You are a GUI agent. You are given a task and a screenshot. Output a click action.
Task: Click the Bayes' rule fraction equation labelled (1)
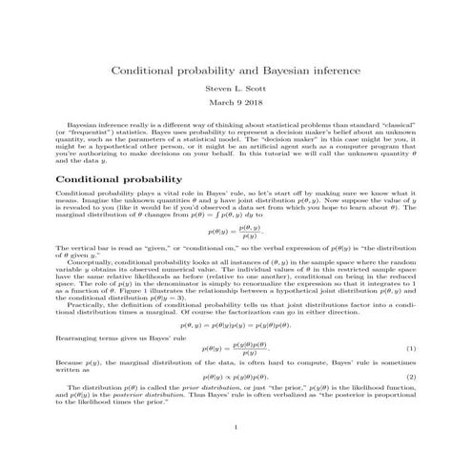pos(236,321)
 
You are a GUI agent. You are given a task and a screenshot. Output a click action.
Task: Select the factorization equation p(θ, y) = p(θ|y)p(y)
pos(236,298)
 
